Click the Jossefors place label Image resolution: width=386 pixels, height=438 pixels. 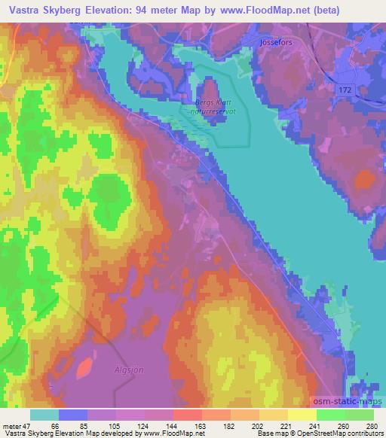point(275,43)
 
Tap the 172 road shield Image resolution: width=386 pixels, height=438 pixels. point(345,90)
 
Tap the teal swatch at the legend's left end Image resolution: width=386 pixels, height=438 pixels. point(44,415)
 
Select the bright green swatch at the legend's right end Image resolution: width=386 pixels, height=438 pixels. point(359,415)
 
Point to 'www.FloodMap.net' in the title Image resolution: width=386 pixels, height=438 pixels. point(256,11)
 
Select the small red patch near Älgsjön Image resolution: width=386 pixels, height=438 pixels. point(85,367)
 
